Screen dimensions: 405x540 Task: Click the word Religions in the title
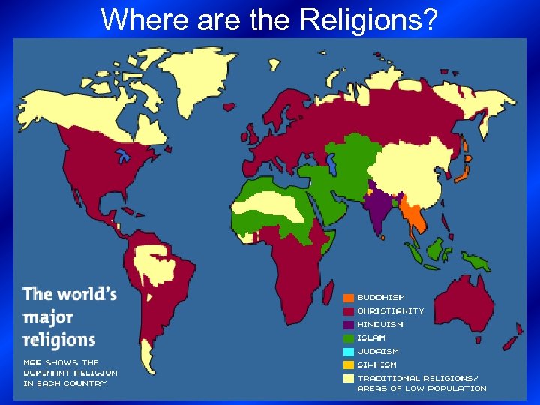(368, 19)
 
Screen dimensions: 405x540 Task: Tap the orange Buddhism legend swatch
(349, 297)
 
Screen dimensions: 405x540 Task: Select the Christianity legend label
(390, 310)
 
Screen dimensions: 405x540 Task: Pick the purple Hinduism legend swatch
(349, 325)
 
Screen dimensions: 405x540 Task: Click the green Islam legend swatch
(349, 338)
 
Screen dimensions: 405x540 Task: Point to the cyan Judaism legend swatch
(349, 351)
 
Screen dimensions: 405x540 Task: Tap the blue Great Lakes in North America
(124, 158)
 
